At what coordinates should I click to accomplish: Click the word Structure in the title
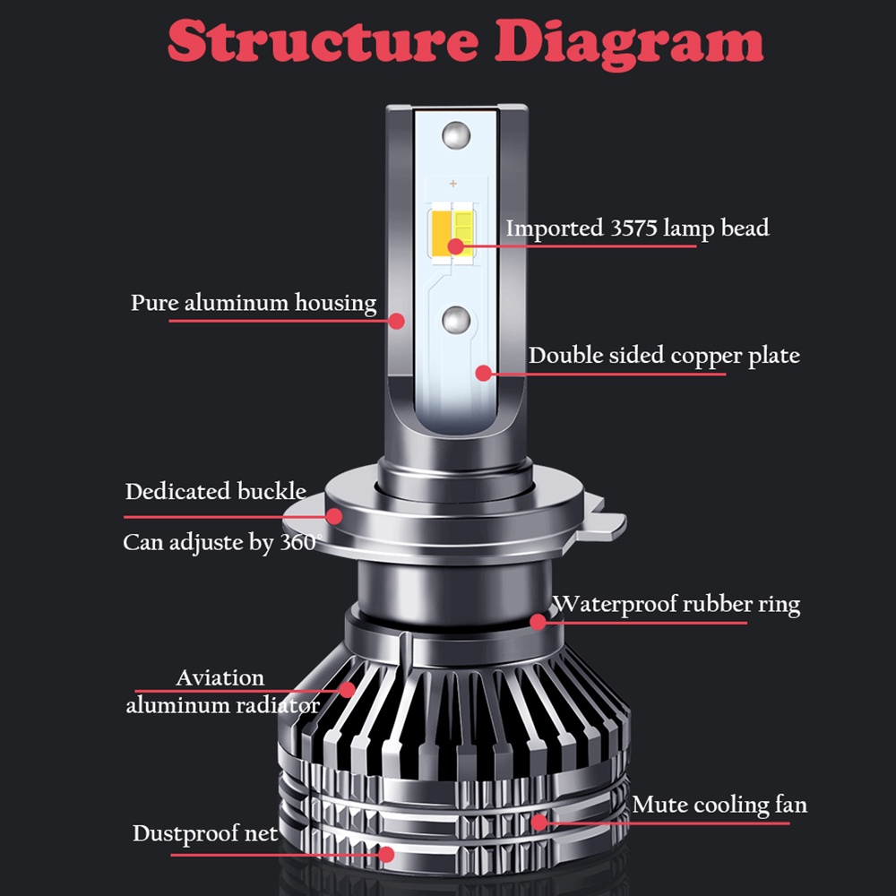coord(323,40)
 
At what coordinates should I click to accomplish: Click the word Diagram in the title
coord(629,44)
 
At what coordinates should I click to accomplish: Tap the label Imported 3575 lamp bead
coord(637,228)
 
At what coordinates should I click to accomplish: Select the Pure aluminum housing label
coord(254,303)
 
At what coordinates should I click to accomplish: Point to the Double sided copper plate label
coord(664,356)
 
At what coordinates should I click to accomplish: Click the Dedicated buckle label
coord(215,491)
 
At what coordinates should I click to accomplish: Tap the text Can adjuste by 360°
coord(222,542)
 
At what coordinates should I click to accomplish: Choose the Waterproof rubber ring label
coord(676,605)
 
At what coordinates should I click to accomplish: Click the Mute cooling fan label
coord(719,805)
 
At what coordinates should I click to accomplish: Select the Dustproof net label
coord(205,833)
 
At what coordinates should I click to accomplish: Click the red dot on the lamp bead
coord(455,247)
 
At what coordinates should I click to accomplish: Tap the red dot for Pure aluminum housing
coord(397,321)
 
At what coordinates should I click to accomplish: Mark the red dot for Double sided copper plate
coord(484,373)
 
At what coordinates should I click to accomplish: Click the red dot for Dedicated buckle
coord(333,517)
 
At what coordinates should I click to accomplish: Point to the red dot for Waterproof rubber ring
coord(538,622)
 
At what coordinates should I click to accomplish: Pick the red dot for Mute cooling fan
coord(538,823)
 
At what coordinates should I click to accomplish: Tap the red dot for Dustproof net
coord(386,855)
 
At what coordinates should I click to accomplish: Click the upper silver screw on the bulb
coord(456,136)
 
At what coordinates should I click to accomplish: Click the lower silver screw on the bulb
coord(457,320)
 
